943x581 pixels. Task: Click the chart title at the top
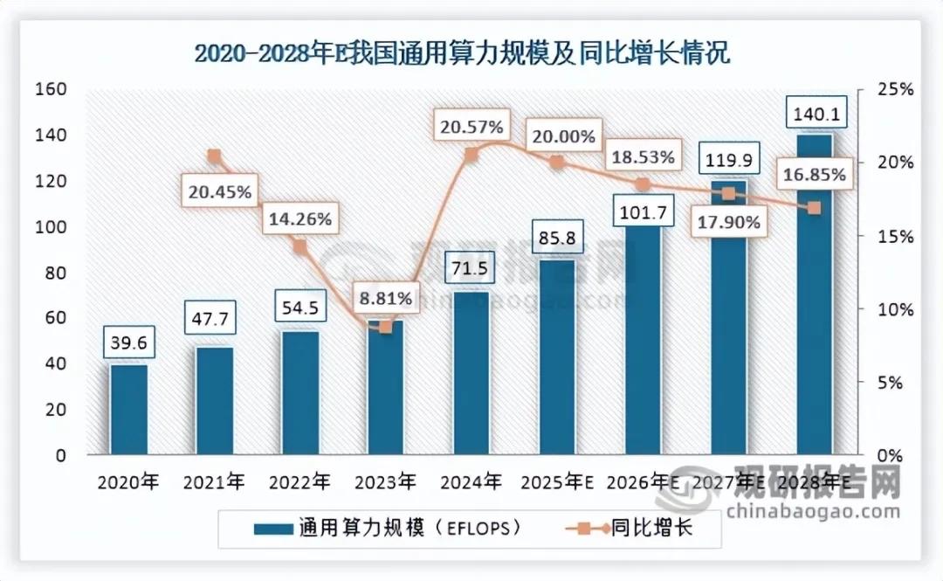click(x=462, y=54)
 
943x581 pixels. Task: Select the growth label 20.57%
click(x=471, y=128)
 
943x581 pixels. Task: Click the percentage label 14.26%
click(x=299, y=219)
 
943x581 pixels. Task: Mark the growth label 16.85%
click(x=814, y=175)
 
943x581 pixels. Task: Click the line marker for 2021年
click(x=214, y=156)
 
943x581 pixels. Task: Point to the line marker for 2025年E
click(x=557, y=163)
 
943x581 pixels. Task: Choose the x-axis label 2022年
click(x=299, y=481)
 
